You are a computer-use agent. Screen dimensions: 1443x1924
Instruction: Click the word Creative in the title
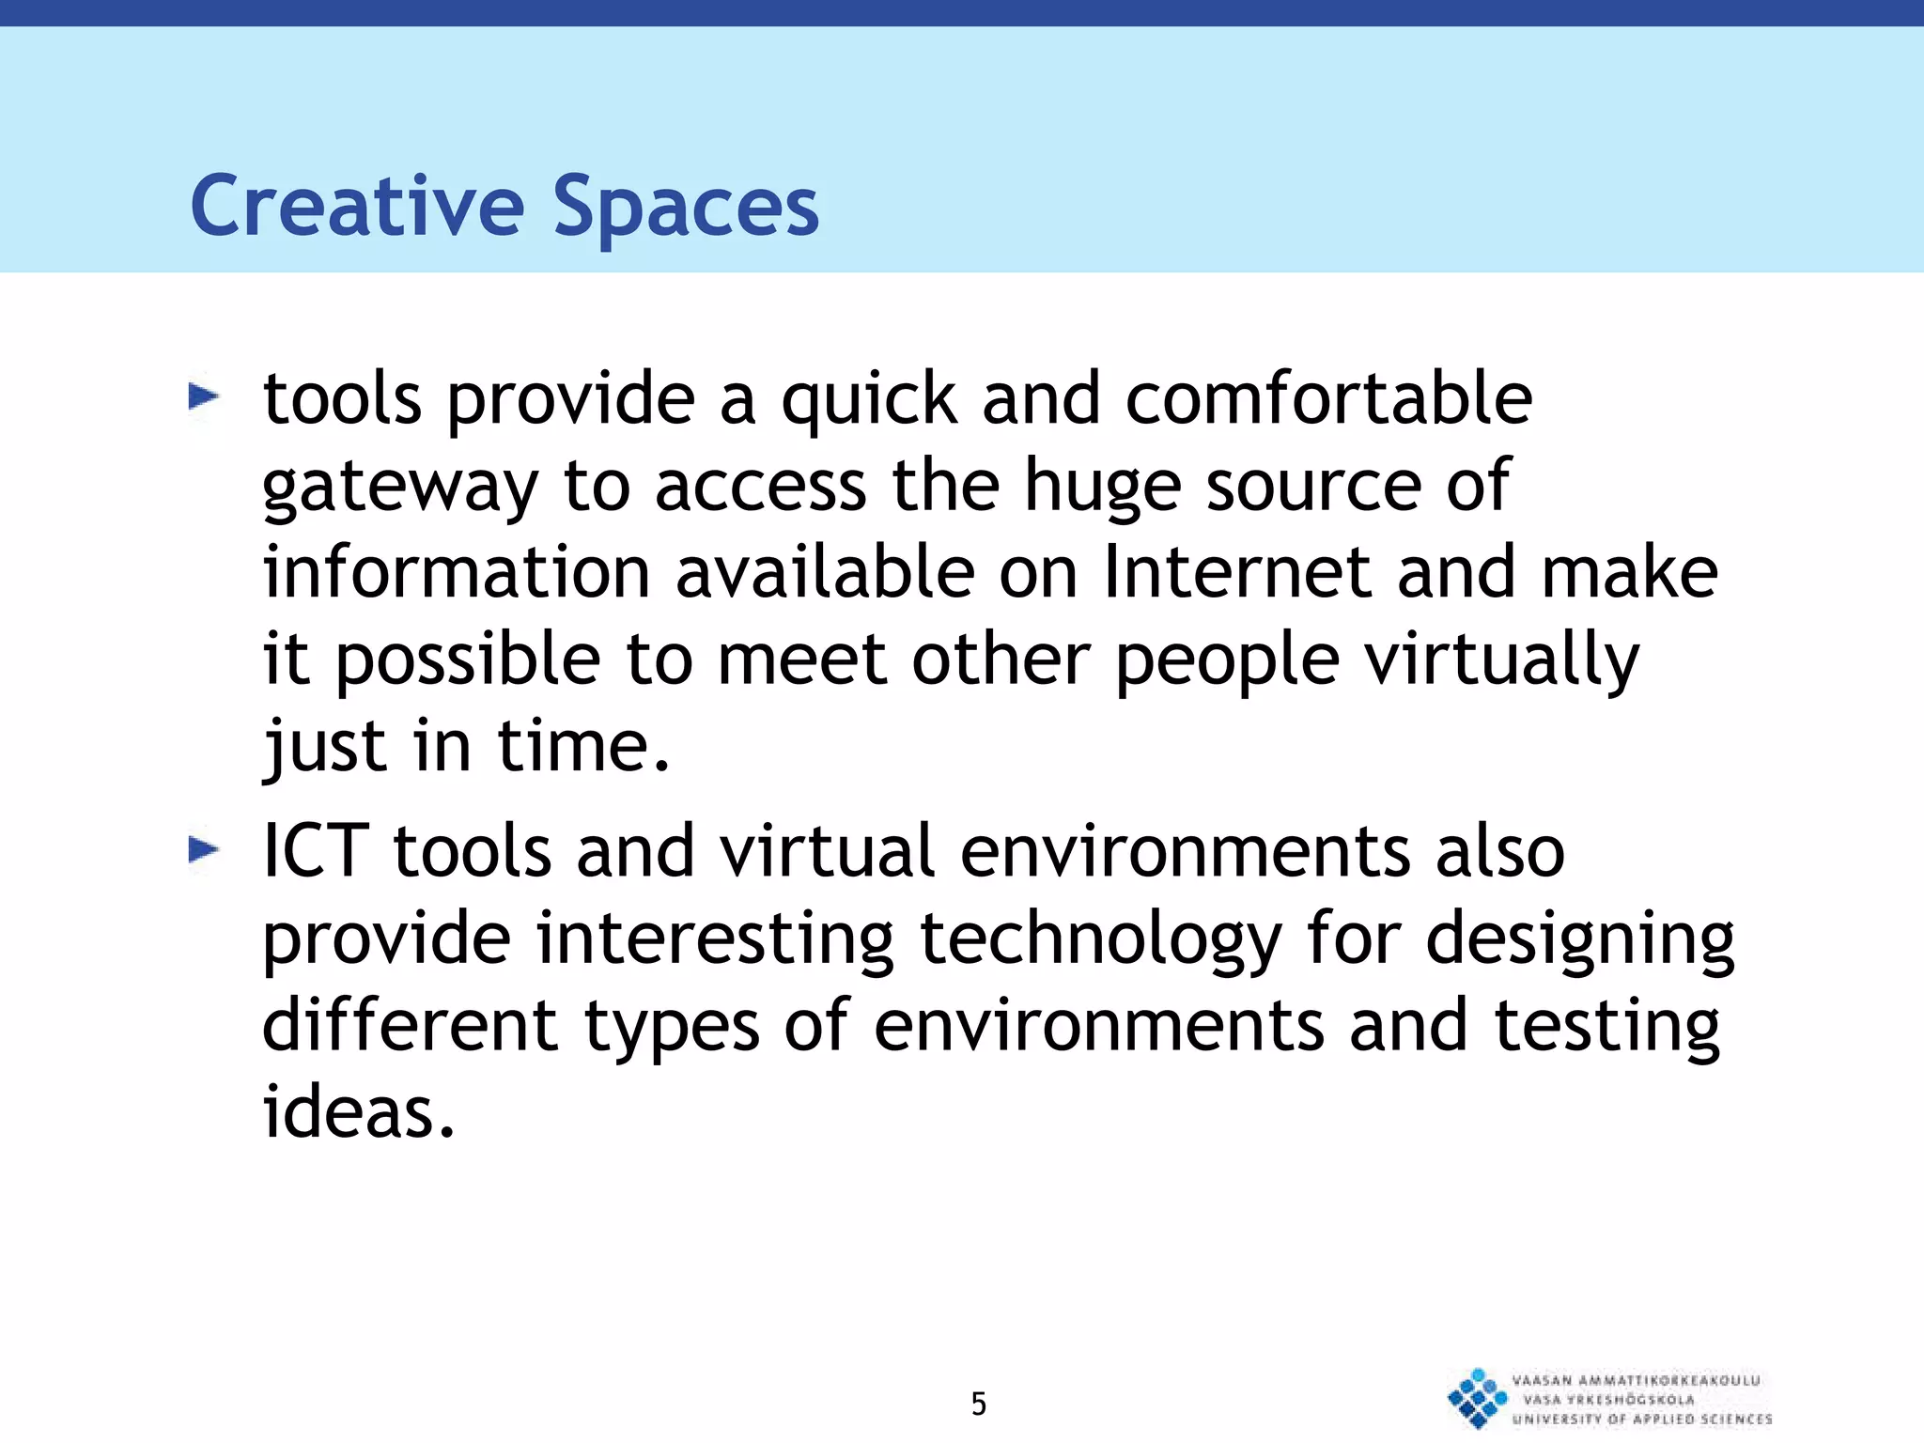(x=357, y=207)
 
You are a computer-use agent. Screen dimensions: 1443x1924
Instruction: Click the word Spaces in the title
(x=686, y=209)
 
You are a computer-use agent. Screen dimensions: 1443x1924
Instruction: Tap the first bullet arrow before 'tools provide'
(x=204, y=397)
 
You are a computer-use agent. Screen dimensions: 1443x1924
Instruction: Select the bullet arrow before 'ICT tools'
(x=204, y=850)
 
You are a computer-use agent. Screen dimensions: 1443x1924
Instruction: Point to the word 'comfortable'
(x=1328, y=399)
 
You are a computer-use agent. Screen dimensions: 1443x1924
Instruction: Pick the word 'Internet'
(x=1237, y=573)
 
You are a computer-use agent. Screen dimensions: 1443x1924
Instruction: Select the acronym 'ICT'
(x=315, y=851)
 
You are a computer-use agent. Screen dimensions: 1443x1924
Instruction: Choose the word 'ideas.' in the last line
(x=358, y=1112)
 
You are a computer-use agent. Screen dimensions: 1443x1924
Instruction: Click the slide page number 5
(x=979, y=1404)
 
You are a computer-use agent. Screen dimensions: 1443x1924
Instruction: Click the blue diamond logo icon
(x=1477, y=1398)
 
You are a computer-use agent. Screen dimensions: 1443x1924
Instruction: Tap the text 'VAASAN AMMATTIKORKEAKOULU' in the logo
(x=1636, y=1380)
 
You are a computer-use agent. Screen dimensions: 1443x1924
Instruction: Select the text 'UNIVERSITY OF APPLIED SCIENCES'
(x=1641, y=1419)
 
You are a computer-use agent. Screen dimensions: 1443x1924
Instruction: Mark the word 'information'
(x=457, y=573)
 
